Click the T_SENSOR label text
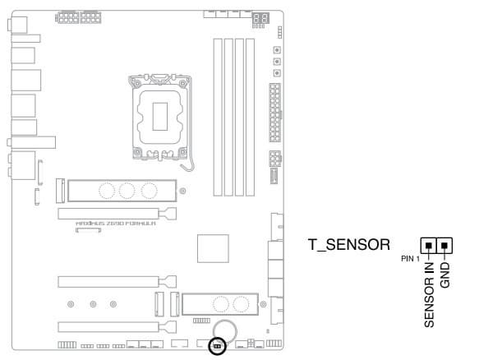tap(349, 245)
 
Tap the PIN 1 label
tap(410, 259)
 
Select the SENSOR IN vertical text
tap(429, 294)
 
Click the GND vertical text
tap(445, 275)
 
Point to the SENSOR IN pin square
tap(429, 246)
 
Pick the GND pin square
tap(444, 246)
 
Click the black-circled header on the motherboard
tap(217, 346)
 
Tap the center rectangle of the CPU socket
tap(160, 117)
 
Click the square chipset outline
tap(213, 248)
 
